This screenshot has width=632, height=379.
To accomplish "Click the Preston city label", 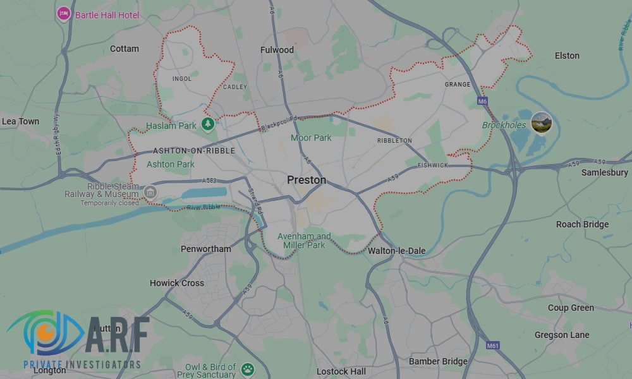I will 307,180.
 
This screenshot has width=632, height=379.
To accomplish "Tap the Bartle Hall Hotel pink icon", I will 63,13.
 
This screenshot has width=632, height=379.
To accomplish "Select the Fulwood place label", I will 277,49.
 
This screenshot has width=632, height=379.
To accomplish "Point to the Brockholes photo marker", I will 541,123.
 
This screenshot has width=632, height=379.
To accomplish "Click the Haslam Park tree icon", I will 207,124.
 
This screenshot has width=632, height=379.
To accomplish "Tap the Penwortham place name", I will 205,249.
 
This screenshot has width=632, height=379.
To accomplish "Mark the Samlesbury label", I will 604,172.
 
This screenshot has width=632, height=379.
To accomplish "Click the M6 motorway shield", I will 482,101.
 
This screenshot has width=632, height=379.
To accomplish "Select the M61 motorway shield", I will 493,346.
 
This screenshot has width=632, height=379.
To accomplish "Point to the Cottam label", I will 124,49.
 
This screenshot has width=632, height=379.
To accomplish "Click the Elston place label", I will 567,56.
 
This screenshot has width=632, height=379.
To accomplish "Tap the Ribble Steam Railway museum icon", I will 150,191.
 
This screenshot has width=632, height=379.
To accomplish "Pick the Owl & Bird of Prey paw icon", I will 246,368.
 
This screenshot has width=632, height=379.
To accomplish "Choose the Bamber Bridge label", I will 438,361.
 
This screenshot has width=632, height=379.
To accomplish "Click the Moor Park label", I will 311,138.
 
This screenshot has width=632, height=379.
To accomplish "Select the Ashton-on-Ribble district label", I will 193,151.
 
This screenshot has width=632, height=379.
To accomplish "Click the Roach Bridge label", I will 582,224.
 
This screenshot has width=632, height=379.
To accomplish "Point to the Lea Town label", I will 20,121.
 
